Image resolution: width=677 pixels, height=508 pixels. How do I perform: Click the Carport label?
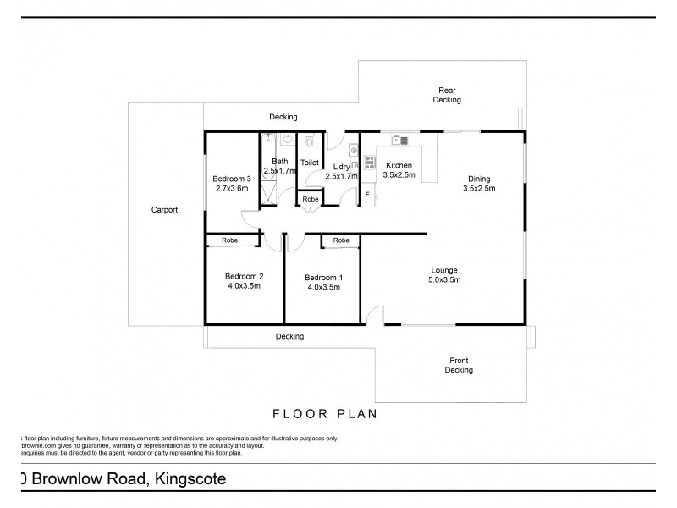[x=164, y=210]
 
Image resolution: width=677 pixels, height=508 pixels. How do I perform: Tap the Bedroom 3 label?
[x=232, y=179]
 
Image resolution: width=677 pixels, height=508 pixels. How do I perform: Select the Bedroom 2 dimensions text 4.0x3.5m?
[x=243, y=286]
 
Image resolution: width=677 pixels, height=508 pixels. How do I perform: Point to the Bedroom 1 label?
[x=322, y=277]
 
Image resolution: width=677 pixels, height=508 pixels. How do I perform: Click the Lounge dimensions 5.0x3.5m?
[x=443, y=279]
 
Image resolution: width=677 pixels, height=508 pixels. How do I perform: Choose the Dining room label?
[x=479, y=179]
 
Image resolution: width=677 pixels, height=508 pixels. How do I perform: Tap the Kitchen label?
[x=399, y=165]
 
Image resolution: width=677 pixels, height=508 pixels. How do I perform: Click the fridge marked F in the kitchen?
[x=367, y=194]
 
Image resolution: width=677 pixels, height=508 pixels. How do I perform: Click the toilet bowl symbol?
[x=310, y=142]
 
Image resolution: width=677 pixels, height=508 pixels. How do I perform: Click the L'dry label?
[x=342, y=167]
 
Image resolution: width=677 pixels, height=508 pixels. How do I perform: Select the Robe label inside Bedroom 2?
[x=229, y=240]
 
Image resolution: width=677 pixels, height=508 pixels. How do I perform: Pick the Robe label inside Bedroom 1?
[x=341, y=240]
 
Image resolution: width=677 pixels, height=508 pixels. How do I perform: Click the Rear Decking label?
[x=447, y=95]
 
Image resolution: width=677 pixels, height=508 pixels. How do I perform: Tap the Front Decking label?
[x=459, y=365]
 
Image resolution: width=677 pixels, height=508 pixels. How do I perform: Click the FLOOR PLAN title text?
[x=324, y=414]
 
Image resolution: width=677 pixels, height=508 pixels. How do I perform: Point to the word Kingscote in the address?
[x=189, y=479]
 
